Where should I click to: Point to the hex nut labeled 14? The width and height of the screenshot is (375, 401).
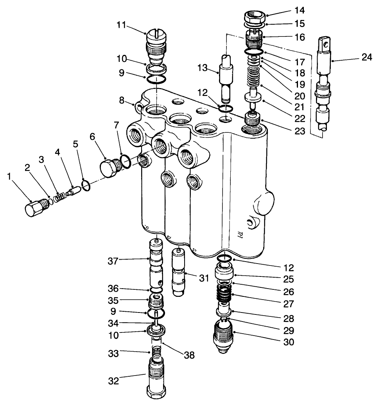tap(255, 18)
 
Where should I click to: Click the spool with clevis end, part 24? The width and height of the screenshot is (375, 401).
tap(323, 86)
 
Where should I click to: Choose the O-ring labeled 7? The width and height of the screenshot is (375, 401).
tap(125, 161)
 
